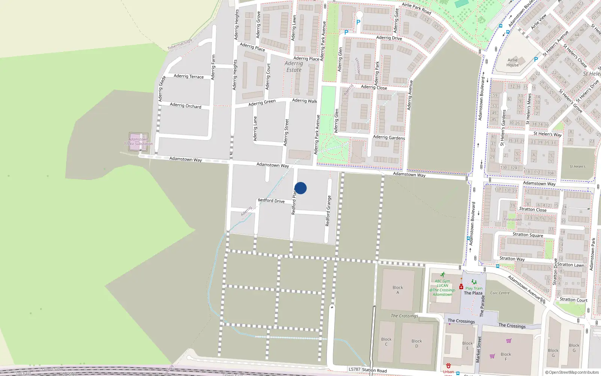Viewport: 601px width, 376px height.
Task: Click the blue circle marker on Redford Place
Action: (300, 188)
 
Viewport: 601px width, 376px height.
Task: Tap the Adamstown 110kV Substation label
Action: (138, 141)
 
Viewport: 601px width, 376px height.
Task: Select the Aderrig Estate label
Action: (294, 67)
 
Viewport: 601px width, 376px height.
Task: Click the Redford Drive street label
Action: (271, 201)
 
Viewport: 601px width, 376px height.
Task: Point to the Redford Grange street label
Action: (328, 211)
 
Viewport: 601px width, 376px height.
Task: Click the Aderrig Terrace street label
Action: (189, 76)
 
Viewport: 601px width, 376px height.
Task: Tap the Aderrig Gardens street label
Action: (389, 138)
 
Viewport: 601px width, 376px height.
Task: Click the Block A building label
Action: (398, 290)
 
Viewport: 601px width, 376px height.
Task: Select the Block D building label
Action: (417, 343)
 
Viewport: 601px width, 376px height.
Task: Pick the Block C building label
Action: (386, 341)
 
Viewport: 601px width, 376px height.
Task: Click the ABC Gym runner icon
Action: (443, 275)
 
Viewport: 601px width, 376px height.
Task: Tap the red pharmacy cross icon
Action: (461, 287)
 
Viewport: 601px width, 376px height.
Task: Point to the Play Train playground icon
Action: (474, 282)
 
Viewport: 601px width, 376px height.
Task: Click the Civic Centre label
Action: (500, 293)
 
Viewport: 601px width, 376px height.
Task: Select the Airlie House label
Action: (513, 62)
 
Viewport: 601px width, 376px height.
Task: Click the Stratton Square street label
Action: (528, 235)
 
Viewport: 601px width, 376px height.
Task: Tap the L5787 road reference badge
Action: (354, 369)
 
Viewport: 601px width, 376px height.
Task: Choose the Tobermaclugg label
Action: (180, 45)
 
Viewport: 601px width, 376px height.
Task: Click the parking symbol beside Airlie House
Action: (536, 59)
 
